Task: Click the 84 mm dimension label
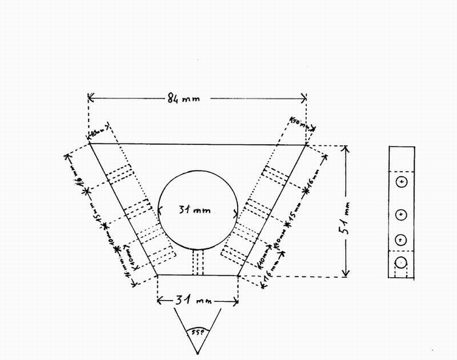pyautogui.click(x=183, y=98)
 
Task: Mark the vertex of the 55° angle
pyautogui.click(x=198, y=352)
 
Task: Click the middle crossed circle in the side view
pyautogui.click(x=402, y=214)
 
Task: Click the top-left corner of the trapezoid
pyautogui.click(x=89, y=143)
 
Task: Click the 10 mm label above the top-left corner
pyautogui.click(x=99, y=131)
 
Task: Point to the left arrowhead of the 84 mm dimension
pyautogui.click(x=90, y=98)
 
